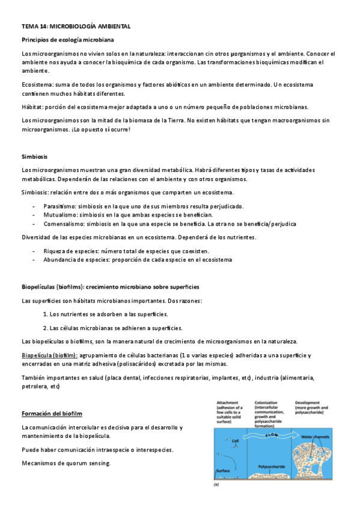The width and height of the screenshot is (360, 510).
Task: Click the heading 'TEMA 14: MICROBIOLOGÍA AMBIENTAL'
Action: pos(76,27)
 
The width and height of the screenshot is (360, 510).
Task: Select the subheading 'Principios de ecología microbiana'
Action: pos(67,40)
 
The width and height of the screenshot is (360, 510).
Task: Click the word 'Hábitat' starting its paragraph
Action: pos(31,107)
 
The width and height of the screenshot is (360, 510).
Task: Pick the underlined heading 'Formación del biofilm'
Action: pos(52,414)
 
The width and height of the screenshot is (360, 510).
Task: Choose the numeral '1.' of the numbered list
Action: pos(46,314)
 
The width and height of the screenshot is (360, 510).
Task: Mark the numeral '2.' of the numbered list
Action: pos(46,328)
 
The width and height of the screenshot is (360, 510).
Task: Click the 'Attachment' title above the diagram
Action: pos(229,402)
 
